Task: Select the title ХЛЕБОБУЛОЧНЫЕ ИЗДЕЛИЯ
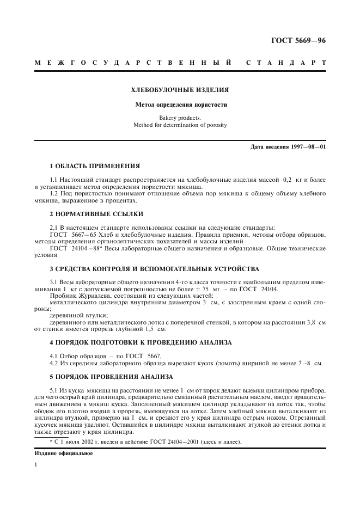(x=180, y=89)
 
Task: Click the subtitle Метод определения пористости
(x=180, y=105)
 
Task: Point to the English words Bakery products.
(x=180, y=118)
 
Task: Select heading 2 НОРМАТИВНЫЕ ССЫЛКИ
(x=93, y=214)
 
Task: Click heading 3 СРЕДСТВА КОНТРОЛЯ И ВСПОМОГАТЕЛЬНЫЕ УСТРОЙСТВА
(x=154, y=269)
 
